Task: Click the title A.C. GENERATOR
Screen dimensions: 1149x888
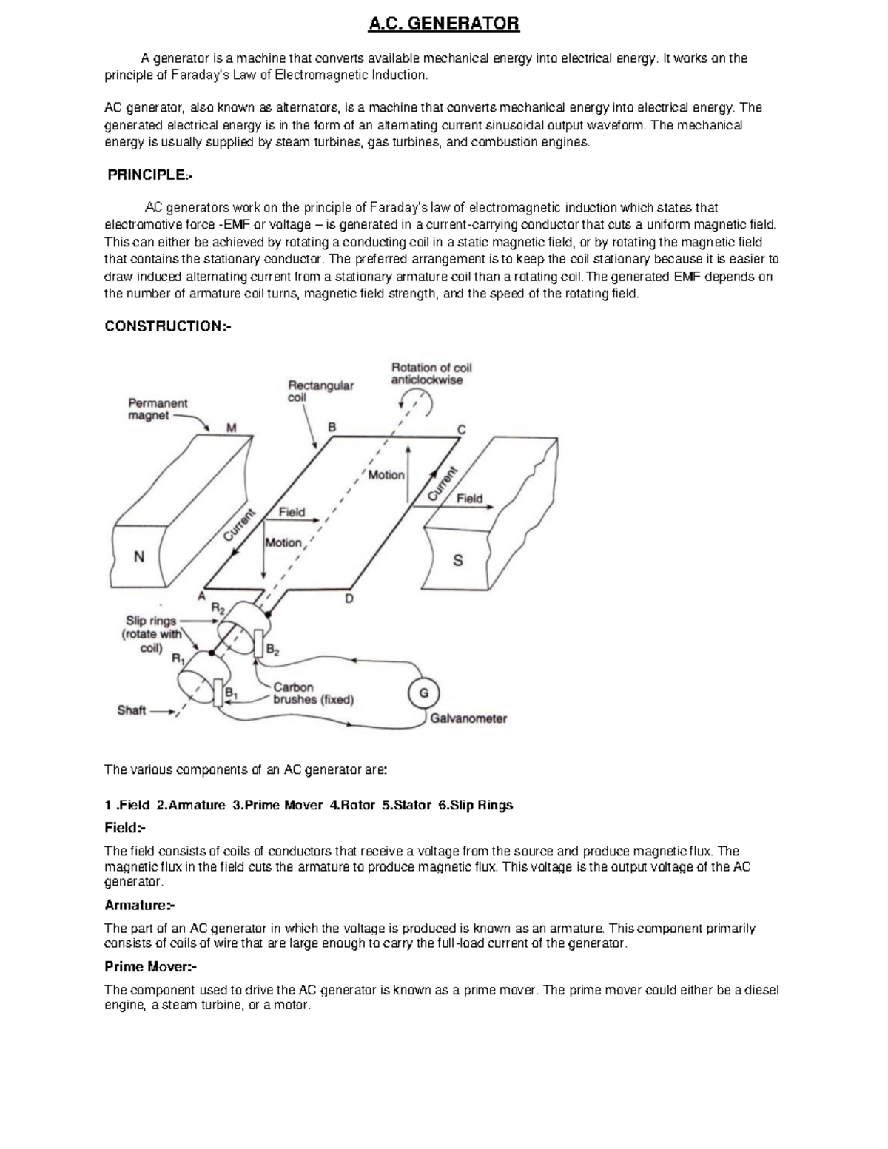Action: coord(444,24)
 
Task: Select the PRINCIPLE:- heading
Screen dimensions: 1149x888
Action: coord(150,175)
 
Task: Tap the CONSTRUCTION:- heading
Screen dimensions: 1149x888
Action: coord(168,326)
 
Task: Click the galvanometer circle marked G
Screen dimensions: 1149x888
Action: coord(423,693)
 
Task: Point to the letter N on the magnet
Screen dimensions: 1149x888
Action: coord(138,557)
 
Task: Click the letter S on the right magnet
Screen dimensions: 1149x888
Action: coord(457,560)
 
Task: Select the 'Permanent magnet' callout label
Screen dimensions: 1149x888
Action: coord(158,409)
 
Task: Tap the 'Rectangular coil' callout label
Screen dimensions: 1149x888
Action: coord(320,391)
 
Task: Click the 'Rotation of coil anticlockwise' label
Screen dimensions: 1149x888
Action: coord(431,374)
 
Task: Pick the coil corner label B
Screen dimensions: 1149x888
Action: coord(332,427)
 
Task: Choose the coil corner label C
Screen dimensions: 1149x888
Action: coord(461,429)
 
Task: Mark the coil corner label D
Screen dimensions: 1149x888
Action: coord(349,599)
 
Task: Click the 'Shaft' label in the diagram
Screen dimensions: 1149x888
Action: coord(132,710)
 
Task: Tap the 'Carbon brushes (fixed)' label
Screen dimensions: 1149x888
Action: coord(313,693)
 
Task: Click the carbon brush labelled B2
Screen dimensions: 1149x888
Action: coord(258,644)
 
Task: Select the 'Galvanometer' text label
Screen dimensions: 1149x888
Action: coord(468,718)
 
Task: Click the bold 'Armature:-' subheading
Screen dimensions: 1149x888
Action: coord(140,905)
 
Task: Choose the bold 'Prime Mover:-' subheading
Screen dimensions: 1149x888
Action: coord(150,967)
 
